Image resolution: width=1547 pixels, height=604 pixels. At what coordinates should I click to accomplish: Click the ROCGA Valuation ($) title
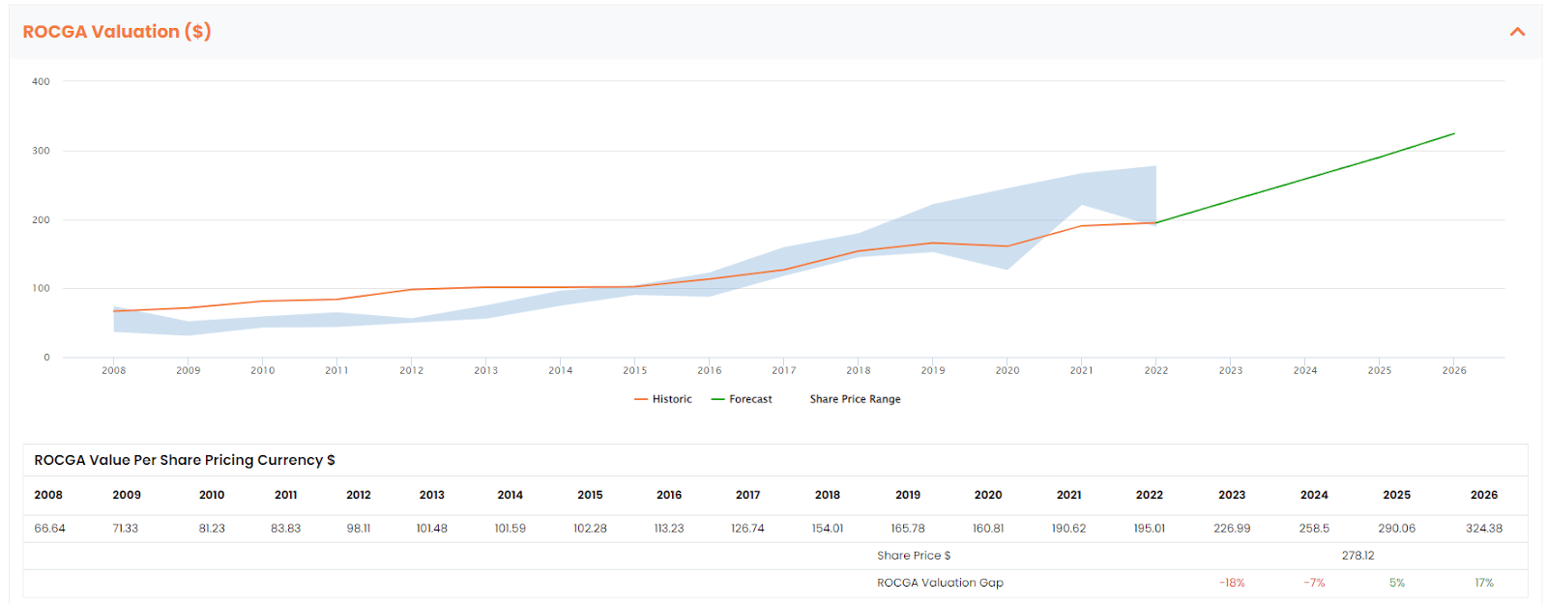[x=117, y=32]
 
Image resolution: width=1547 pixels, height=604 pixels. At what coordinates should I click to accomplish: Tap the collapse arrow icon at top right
[x=1517, y=32]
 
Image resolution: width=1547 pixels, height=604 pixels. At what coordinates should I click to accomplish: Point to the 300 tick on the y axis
[x=41, y=151]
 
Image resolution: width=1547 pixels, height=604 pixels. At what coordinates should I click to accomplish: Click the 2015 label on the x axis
[x=635, y=370]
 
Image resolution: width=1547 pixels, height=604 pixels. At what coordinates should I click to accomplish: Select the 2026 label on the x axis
[x=1454, y=370]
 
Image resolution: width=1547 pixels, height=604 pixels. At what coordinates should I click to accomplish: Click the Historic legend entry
[x=663, y=399]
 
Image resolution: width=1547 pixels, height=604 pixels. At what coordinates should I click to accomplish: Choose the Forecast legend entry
[x=742, y=399]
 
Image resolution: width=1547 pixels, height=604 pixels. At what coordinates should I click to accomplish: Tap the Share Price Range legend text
[x=855, y=399]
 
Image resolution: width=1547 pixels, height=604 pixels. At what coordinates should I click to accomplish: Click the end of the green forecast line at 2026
[x=1454, y=133]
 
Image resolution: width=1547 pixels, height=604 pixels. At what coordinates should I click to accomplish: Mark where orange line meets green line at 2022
[x=1155, y=223]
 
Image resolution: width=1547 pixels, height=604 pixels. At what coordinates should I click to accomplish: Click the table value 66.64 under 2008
[x=50, y=529]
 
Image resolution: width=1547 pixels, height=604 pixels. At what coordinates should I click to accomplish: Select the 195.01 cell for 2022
[x=1149, y=529]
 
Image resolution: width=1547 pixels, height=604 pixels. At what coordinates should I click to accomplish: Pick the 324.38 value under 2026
[x=1483, y=529]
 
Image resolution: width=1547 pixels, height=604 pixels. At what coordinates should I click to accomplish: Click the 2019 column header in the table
[x=908, y=495]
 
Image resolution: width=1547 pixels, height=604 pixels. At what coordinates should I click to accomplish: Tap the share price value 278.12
[x=1357, y=556]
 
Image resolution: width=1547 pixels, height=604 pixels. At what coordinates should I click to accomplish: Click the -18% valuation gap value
[x=1232, y=583]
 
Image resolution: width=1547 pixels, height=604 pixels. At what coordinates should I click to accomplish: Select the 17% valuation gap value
[x=1483, y=583]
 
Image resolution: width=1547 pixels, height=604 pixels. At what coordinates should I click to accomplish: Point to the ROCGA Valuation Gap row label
[x=940, y=583]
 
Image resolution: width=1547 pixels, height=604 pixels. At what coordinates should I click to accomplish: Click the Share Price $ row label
[x=914, y=556]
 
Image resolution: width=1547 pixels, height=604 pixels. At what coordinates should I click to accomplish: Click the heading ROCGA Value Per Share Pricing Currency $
[x=185, y=460]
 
